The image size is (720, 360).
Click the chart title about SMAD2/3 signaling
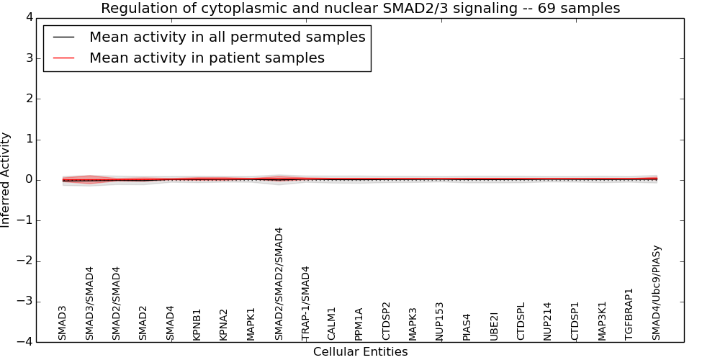[x=360, y=9]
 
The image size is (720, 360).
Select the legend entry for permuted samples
[x=227, y=37]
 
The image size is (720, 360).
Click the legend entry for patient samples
[x=207, y=58]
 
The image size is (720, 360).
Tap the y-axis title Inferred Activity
[x=6, y=180]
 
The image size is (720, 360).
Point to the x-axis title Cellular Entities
[x=360, y=352]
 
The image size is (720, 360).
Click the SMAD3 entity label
[x=63, y=322]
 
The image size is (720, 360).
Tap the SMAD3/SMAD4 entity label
[x=90, y=303]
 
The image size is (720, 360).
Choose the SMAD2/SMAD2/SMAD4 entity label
[x=279, y=284]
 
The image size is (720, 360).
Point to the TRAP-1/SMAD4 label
[x=306, y=303]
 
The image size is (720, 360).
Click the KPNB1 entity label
[x=197, y=324]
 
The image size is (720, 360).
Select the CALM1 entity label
[x=332, y=323]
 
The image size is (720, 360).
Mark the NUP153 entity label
[x=440, y=320]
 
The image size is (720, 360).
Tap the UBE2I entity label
[x=494, y=325]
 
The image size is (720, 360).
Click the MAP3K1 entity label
[x=602, y=322]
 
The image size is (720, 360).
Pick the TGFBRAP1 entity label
[x=629, y=314]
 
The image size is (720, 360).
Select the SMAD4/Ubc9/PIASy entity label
[x=657, y=292]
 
